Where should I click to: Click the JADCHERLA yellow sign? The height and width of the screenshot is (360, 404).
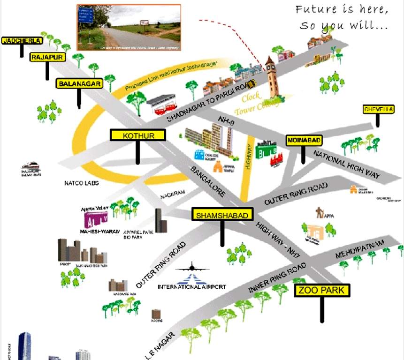[22, 41]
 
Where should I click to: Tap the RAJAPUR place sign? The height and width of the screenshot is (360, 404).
[47, 57]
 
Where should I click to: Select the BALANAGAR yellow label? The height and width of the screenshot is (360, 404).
[79, 84]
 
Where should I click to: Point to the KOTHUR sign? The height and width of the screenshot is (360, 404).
[138, 135]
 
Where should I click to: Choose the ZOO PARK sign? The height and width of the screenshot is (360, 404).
[322, 291]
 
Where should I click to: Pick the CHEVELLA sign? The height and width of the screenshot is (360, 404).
[378, 110]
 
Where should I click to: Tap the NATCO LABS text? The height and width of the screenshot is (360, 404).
[81, 183]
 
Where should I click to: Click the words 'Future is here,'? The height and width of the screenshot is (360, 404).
[342, 9]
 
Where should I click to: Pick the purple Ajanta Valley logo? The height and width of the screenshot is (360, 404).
[96, 219]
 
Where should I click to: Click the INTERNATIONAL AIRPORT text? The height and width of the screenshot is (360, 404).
[192, 286]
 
